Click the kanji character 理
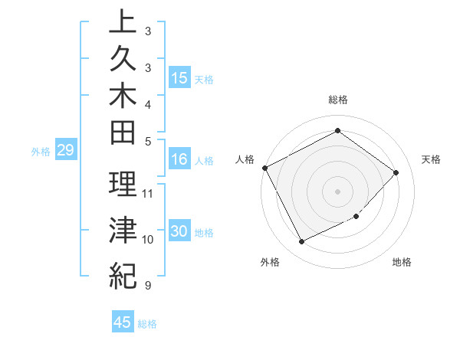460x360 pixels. pyautogui.click(x=123, y=185)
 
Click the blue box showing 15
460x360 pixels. pyautogui.click(x=179, y=77)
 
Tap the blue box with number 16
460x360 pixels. pyautogui.click(x=179, y=159)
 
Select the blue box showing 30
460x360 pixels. pyautogui.click(x=179, y=231)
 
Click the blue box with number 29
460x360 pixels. pyautogui.click(x=65, y=150)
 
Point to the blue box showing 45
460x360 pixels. pyautogui.click(x=123, y=322)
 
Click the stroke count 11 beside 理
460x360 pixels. pyautogui.click(x=148, y=193)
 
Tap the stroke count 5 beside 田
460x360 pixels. pyautogui.click(x=147, y=141)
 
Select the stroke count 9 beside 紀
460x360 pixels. pyautogui.click(x=147, y=286)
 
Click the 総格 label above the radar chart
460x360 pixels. pyautogui.click(x=338, y=100)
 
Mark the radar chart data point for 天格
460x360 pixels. pyautogui.click(x=396, y=172)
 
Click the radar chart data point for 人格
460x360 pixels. pyautogui.click(x=264, y=168)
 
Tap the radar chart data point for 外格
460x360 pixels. pyautogui.click(x=301, y=242)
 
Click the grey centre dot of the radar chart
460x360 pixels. pyautogui.click(x=337, y=191)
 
